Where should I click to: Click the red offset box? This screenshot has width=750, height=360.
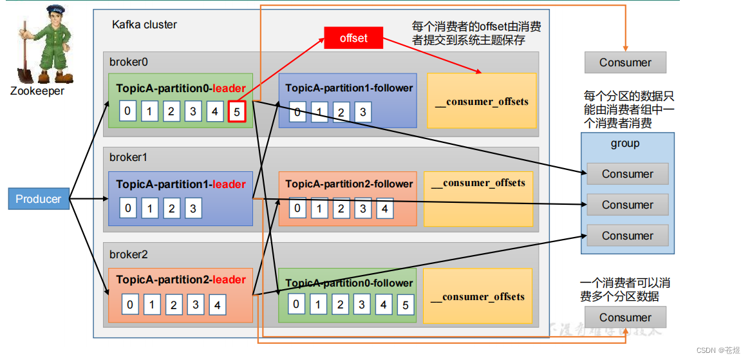tap(353, 38)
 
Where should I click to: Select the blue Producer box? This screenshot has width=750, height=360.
tap(39, 199)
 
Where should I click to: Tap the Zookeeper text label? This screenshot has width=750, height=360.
tap(37, 91)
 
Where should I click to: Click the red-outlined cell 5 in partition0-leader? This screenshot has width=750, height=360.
tap(237, 111)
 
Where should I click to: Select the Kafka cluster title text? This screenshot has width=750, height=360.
tap(144, 24)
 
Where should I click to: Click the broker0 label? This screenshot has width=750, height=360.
tap(129, 62)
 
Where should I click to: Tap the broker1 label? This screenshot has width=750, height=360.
tap(129, 157)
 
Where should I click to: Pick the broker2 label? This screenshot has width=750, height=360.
tap(129, 254)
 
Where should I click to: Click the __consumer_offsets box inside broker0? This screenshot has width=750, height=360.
tap(482, 100)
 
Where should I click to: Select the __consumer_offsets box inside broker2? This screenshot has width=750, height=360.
tap(478, 296)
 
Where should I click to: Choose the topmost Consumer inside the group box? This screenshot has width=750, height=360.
tap(627, 174)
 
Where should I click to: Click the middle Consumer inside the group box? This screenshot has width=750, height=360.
tap(627, 205)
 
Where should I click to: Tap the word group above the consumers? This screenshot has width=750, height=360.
tap(625, 144)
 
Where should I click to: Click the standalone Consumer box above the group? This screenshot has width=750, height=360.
tap(625, 62)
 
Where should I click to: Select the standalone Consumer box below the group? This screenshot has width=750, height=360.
tap(625, 317)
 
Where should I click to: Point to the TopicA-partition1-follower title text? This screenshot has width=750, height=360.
tap(349, 88)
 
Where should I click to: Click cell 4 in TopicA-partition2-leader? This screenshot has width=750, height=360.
tap(217, 305)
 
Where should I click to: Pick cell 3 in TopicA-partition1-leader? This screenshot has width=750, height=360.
tap(192, 208)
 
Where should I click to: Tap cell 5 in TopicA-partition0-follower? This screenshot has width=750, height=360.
tap(405, 305)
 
